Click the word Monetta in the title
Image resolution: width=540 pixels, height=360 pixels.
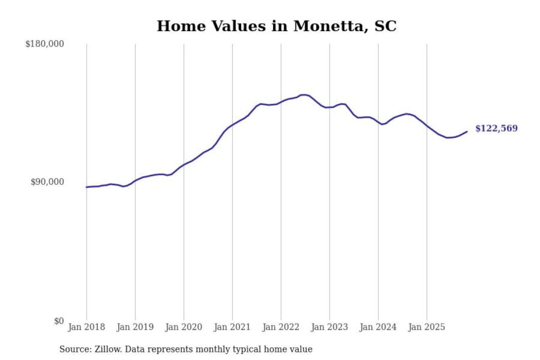pyautogui.click(x=328, y=26)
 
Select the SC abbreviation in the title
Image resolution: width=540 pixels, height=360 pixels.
pyautogui.click(x=385, y=26)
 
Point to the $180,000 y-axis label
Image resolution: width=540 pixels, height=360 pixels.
pyautogui.click(x=45, y=44)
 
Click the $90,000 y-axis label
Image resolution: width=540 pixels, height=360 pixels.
pyautogui.click(x=47, y=182)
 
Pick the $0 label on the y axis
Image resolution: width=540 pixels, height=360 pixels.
pyautogui.click(x=59, y=321)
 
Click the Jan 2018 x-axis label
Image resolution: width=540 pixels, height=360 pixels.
pyautogui.click(x=87, y=327)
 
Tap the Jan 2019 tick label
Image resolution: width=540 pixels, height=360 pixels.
pyautogui.click(x=135, y=327)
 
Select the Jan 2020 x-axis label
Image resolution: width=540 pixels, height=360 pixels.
pyautogui.click(x=184, y=327)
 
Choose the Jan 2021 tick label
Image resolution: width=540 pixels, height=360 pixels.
pyautogui.click(x=232, y=327)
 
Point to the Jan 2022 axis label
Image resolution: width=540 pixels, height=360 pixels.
pyautogui.click(x=281, y=327)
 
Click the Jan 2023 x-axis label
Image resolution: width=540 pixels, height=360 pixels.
pyautogui.click(x=329, y=327)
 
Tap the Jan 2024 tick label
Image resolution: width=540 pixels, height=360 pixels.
pyautogui.click(x=378, y=327)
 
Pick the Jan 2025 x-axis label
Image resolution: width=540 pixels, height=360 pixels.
pyautogui.click(x=426, y=327)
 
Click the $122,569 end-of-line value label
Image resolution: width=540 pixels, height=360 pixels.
pyautogui.click(x=496, y=128)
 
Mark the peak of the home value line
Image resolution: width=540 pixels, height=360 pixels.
pyautogui.click(x=304, y=95)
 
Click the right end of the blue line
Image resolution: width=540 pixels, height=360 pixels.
pyautogui.click(x=467, y=131)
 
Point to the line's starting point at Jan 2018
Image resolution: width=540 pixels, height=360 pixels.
pyautogui.click(x=87, y=187)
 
